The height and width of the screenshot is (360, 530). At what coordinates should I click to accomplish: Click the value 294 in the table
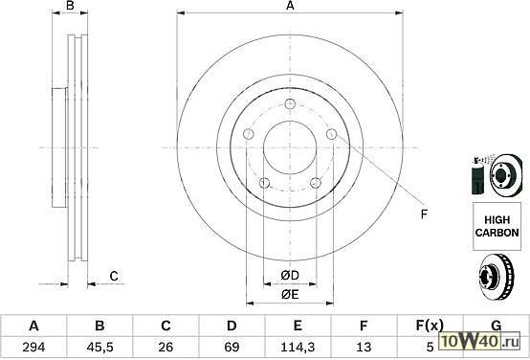click(33, 347)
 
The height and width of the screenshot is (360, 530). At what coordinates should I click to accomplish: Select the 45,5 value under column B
click(99, 347)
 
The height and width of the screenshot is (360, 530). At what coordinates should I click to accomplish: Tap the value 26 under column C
click(166, 347)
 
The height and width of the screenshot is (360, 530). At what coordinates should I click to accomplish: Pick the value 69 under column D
click(232, 347)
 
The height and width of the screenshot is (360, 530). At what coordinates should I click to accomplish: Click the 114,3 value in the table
click(298, 347)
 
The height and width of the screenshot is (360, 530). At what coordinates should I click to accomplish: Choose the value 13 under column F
click(364, 347)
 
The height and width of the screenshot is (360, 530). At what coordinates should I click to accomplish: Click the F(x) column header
click(430, 326)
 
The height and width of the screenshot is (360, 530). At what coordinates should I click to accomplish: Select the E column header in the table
click(298, 326)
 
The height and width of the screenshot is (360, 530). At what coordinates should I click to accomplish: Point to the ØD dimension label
click(290, 276)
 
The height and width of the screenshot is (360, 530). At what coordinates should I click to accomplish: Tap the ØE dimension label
click(290, 295)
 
